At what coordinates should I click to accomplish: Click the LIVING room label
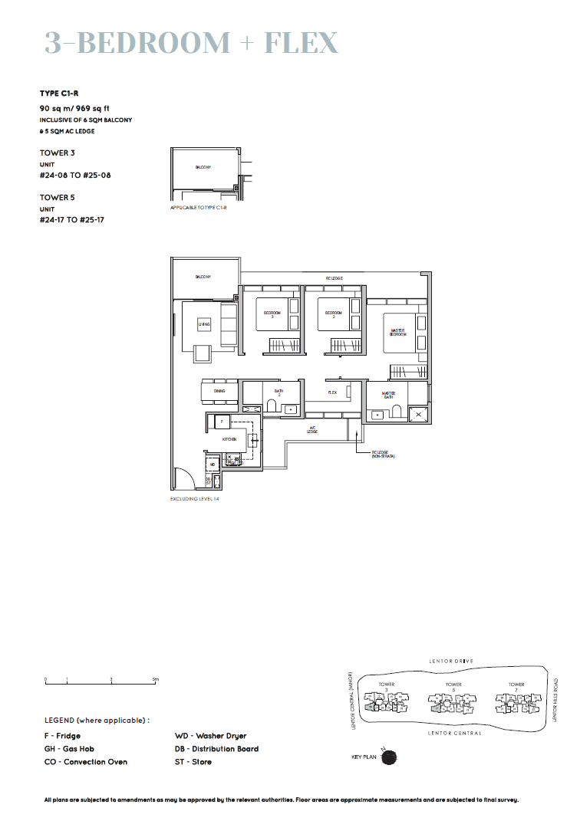point(203,324)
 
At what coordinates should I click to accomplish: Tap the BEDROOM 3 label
point(272,314)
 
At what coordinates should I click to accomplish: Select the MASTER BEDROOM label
point(397,332)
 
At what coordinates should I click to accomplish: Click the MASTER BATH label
point(387,396)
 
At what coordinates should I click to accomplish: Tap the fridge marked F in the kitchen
point(221,422)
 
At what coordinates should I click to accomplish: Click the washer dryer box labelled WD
point(213,465)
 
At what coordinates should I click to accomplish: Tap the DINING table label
point(219,391)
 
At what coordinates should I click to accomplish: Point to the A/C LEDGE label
point(313,430)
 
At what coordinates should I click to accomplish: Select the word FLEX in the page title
point(301,44)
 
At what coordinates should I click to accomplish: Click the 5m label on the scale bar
point(155,679)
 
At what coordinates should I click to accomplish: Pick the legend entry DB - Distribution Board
point(216,749)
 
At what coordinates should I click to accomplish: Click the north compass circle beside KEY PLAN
point(389,757)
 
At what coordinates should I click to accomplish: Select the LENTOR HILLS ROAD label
point(555,698)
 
